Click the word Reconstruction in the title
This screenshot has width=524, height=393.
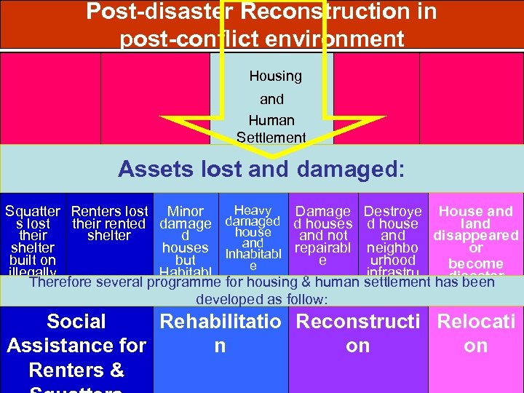pos(339,12)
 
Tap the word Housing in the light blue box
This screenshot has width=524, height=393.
pos(275,76)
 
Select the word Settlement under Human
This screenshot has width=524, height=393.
pos(271,137)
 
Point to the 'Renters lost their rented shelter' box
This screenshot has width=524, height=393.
pos(109,223)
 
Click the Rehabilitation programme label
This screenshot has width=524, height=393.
pos(220,333)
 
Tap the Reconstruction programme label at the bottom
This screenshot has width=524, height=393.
pos(357,333)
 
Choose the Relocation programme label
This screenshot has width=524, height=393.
pos(476,333)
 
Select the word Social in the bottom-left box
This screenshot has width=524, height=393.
pos(76,322)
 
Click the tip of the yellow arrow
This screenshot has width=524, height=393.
pos(272,156)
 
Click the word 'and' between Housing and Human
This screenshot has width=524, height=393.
pos(271,99)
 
